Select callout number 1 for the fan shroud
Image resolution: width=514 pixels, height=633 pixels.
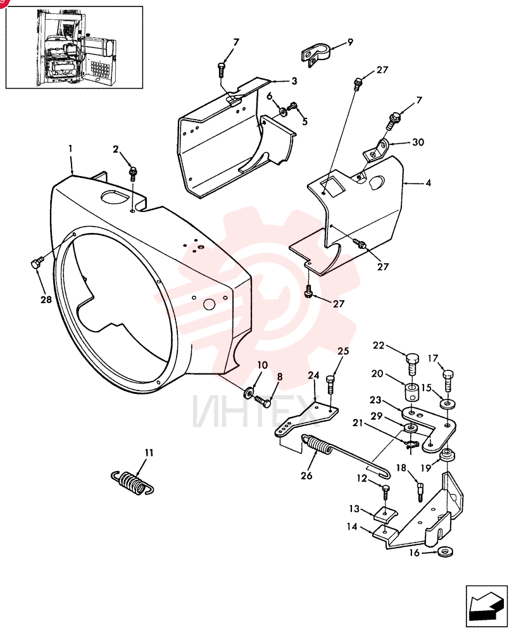point(71,149)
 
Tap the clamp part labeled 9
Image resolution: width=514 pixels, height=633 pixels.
point(316,54)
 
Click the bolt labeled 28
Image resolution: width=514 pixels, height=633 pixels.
point(35,263)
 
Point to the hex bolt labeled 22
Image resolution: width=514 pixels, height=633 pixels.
point(412,364)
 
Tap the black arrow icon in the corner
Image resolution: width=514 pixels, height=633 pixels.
point(486,606)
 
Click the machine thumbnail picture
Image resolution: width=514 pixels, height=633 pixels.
point(74,47)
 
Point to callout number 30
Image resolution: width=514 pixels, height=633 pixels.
point(418,142)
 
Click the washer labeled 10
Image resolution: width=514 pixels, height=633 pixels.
point(249,391)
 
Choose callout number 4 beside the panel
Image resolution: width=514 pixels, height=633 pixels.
point(428,183)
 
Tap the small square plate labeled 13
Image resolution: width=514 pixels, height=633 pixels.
point(385,514)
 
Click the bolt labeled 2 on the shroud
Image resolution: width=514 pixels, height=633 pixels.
point(133,173)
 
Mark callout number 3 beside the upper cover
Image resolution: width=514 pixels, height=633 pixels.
point(294,81)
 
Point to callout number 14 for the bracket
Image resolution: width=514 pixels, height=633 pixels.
point(352,527)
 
